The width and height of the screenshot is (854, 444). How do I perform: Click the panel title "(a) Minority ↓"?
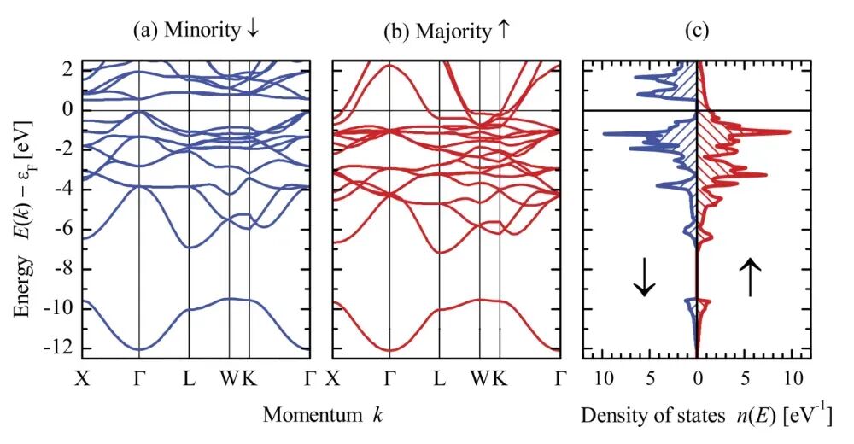[196, 31]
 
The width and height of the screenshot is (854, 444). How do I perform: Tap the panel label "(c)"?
[699, 31]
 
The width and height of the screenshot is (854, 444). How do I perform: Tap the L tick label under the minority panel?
[189, 377]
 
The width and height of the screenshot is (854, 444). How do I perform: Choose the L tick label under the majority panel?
[439, 377]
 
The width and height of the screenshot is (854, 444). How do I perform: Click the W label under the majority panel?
[479, 377]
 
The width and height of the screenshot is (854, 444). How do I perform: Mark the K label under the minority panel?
[249, 377]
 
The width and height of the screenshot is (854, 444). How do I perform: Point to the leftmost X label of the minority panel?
[83, 377]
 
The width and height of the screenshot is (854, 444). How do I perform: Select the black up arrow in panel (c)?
[751, 277]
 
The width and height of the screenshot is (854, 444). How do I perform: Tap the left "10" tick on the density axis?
[604, 377]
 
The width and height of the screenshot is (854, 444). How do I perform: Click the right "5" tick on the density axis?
[746, 377]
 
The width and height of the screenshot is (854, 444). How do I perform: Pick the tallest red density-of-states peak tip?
[790, 131]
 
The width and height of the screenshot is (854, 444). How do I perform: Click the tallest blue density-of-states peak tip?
[604, 134]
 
